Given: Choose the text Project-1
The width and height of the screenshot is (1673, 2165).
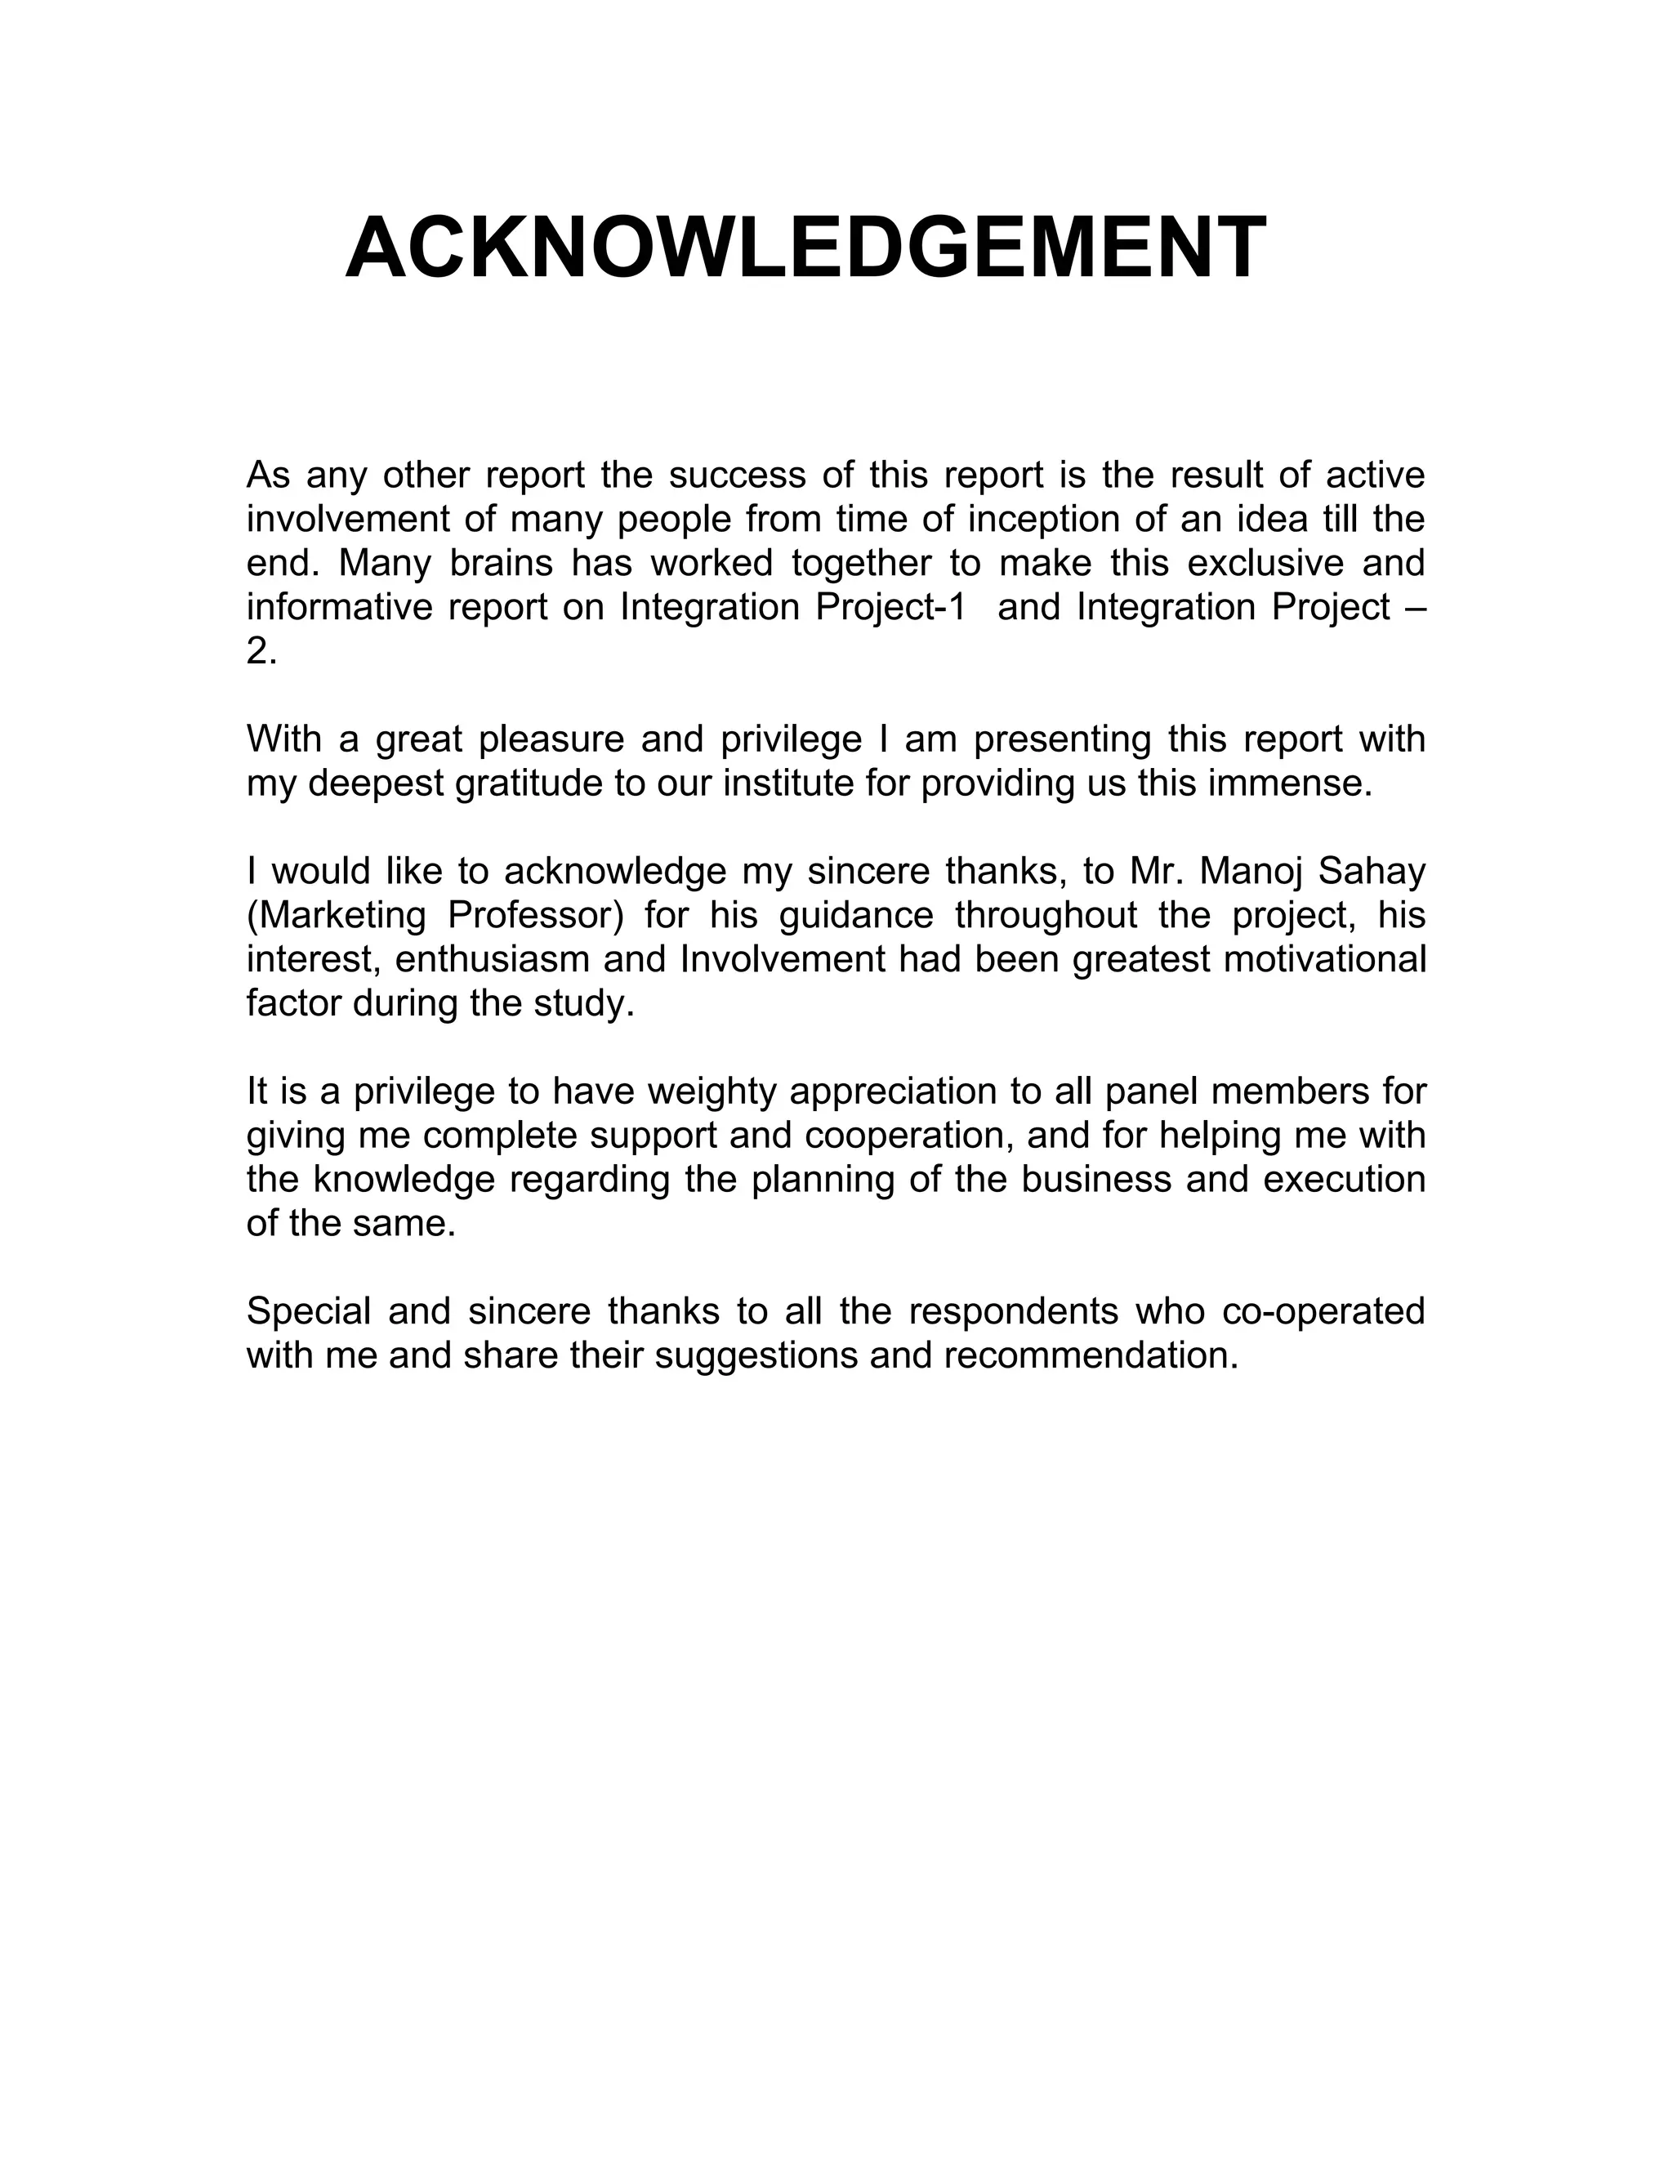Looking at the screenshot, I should click(890, 607).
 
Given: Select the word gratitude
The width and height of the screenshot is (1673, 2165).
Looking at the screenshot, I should click(526, 783).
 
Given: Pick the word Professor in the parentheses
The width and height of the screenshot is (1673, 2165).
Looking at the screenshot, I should click(535, 915).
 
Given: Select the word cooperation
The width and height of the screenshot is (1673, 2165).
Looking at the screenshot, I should click(909, 1135).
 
